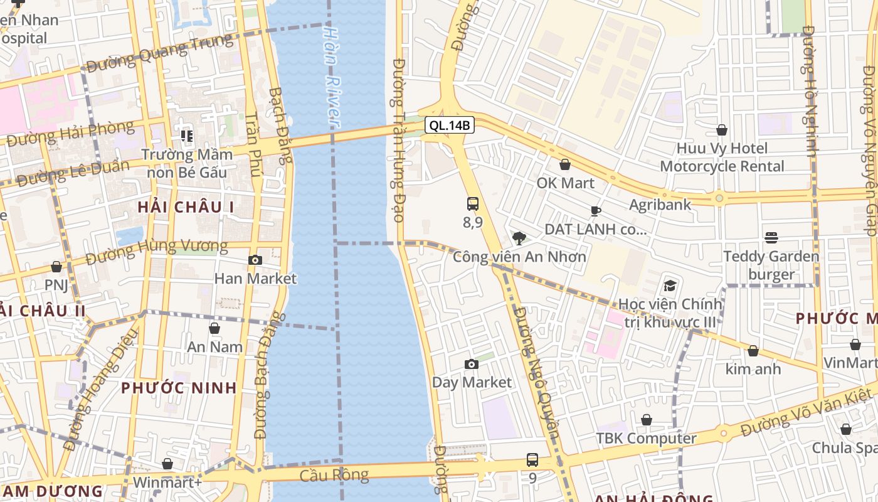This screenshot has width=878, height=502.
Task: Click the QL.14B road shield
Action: coord(450,125)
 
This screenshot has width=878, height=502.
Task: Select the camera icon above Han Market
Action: coord(255,260)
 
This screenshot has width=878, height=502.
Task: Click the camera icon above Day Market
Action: coord(472,364)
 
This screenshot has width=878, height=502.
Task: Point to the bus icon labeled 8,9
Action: coord(473,204)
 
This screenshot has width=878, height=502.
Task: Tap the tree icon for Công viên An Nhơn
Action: coord(519,238)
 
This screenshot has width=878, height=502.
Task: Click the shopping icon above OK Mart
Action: coord(565,164)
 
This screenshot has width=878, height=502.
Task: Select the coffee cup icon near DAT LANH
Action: coord(595,211)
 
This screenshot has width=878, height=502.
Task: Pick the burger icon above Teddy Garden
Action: coord(771,238)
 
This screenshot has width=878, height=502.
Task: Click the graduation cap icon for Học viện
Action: coord(670,286)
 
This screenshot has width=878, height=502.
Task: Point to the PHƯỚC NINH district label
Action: coord(179,388)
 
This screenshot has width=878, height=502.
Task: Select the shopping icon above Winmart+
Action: coord(167,464)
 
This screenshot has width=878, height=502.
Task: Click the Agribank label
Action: coord(660,205)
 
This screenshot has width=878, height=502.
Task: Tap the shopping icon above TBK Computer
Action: coord(646,420)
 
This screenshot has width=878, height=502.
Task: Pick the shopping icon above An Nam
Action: coord(214,328)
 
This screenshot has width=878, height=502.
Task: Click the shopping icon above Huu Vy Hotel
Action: coord(722,130)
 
